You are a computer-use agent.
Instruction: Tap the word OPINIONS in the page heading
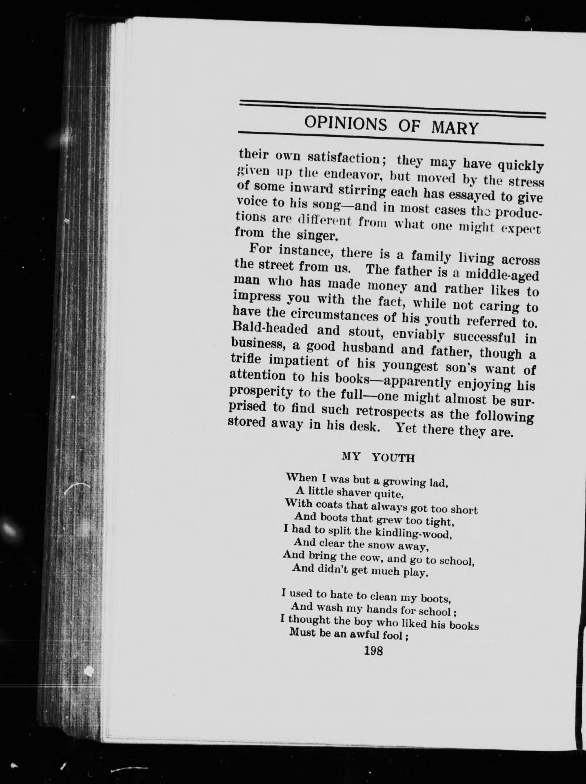pos(346,123)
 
